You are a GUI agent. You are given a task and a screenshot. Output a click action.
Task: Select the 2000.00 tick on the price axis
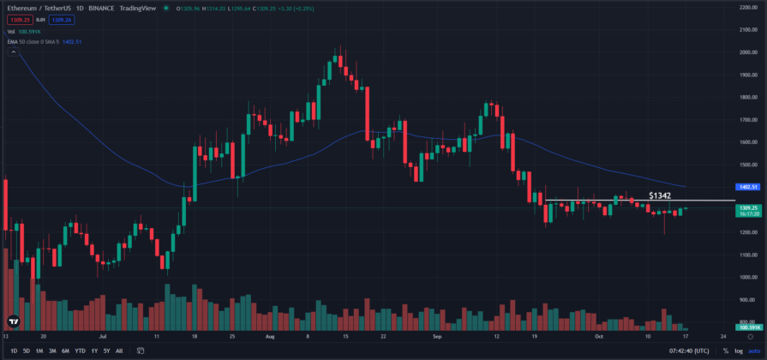pos(748,51)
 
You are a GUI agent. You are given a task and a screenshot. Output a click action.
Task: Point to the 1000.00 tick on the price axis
pos(748,278)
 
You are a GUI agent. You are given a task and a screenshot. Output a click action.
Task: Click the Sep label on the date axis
pos(437,338)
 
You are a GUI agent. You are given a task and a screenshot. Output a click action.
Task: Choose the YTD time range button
pos(80,351)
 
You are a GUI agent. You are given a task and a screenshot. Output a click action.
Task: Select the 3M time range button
pos(52,351)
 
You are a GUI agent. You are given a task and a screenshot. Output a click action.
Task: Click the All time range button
pos(119,351)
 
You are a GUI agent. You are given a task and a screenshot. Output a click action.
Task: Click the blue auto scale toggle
pos(754,351)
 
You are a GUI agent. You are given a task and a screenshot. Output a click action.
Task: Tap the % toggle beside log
pos(725,351)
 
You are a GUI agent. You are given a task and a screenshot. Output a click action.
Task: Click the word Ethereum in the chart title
pos(22,9)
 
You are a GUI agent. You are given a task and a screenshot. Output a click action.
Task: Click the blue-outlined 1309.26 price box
pos(61,19)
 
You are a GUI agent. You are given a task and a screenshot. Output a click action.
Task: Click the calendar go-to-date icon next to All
pos(139,351)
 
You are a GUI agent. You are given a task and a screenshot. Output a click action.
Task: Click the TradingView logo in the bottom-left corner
pos(14,323)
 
